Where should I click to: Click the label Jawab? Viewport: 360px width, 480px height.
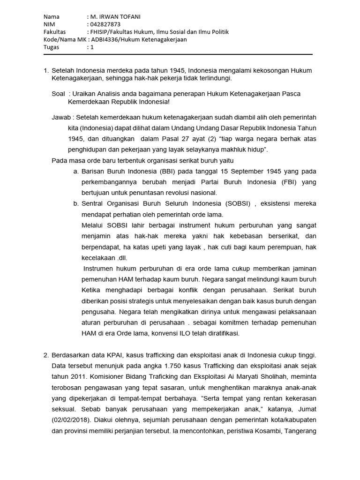[x=62, y=117]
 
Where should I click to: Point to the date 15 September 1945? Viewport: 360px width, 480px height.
[x=239, y=172]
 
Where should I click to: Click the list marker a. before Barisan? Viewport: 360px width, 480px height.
[x=76, y=172]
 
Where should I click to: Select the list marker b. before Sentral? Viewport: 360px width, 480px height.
[x=76, y=204]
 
